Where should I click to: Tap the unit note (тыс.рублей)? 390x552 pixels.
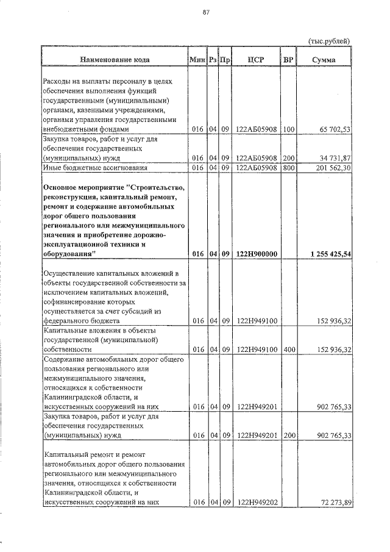coord(330,41)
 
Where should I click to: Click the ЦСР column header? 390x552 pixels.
coord(256,60)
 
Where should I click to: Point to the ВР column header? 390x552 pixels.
coord(288,60)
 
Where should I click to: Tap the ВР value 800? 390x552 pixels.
coord(288,167)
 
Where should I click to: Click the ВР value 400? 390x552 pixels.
coord(288,349)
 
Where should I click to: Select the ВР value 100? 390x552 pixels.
coord(288,129)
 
